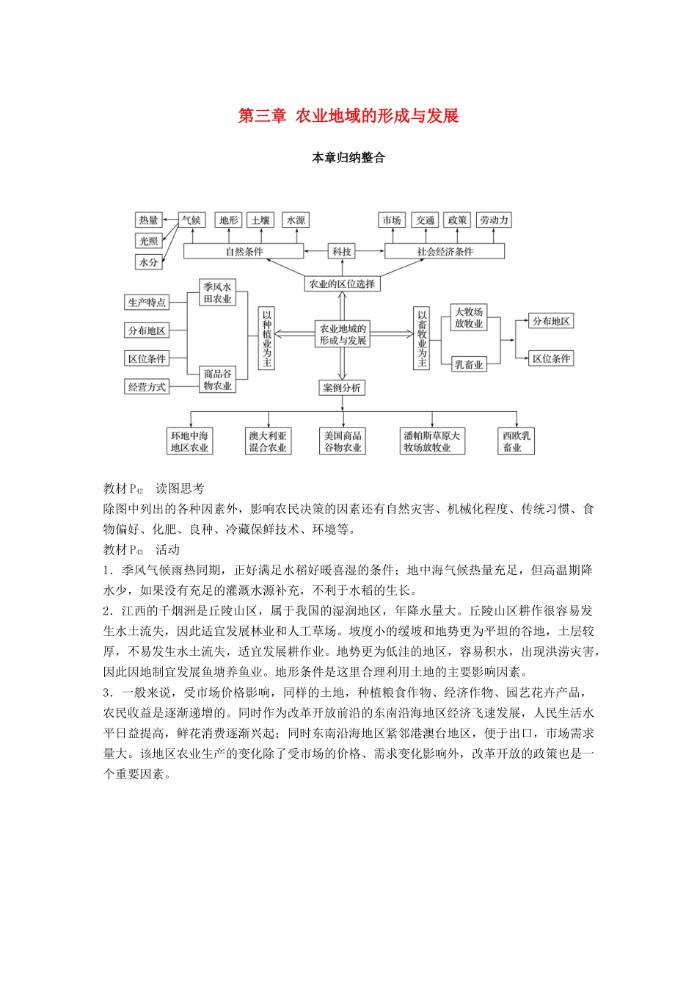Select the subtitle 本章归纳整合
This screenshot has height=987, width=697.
coord(348,158)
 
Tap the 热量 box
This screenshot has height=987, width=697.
coord(148,220)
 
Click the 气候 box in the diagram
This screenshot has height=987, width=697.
coord(191,220)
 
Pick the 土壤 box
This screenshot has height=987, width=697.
coord(260,220)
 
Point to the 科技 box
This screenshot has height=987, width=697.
coord(342,251)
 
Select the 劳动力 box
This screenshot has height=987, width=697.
coord(494,220)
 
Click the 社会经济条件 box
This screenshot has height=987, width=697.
coord(445,251)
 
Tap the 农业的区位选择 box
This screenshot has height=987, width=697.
coord(342,283)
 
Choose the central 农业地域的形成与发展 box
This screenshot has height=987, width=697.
coord(342,334)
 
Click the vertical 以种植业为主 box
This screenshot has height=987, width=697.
coord(266,338)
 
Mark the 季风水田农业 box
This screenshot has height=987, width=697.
coord(217,292)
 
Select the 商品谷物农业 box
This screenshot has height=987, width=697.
coord(217,380)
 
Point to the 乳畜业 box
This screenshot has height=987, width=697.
coord(468,364)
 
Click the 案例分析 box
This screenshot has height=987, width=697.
coord(342,388)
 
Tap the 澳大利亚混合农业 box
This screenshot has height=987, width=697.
coord(267,441)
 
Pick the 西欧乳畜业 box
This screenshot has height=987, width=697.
coord(517,441)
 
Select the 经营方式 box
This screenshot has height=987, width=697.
coord(147,387)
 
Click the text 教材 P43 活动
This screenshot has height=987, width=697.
coord(142,549)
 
